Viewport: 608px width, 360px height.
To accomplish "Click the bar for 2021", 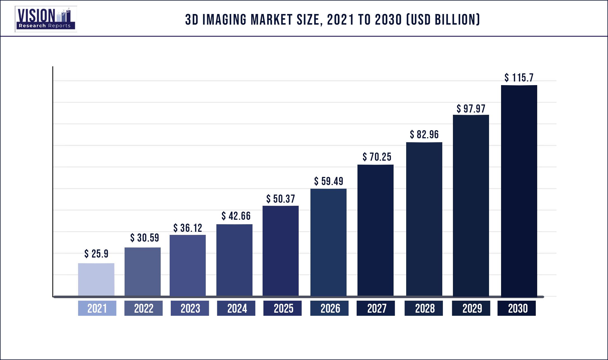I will (x=96, y=279).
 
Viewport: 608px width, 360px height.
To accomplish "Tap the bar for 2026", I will (x=328, y=242).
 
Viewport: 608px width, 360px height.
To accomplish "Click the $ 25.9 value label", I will (x=96, y=254).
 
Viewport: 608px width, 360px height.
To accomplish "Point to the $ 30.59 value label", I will (x=144, y=238).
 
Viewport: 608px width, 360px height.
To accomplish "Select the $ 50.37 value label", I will (x=280, y=199).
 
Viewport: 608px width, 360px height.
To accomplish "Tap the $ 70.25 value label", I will (x=377, y=157).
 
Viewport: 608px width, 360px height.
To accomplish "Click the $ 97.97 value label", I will (x=471, y=109).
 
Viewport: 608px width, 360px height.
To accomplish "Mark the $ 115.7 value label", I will (x=519, y=78).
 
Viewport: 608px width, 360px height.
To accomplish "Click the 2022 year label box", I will (x=143, y=308).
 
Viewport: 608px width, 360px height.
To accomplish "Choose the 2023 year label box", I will (x=190, y=308).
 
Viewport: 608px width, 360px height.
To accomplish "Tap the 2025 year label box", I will (x=282, y=308).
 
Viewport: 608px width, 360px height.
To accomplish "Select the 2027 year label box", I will (x=376, y=308).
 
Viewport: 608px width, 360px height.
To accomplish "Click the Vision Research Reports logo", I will (x=46, y=19).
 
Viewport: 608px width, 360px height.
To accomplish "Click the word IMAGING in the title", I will (x=224, y=20).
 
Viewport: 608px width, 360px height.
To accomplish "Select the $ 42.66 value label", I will (x=236, y=216).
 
